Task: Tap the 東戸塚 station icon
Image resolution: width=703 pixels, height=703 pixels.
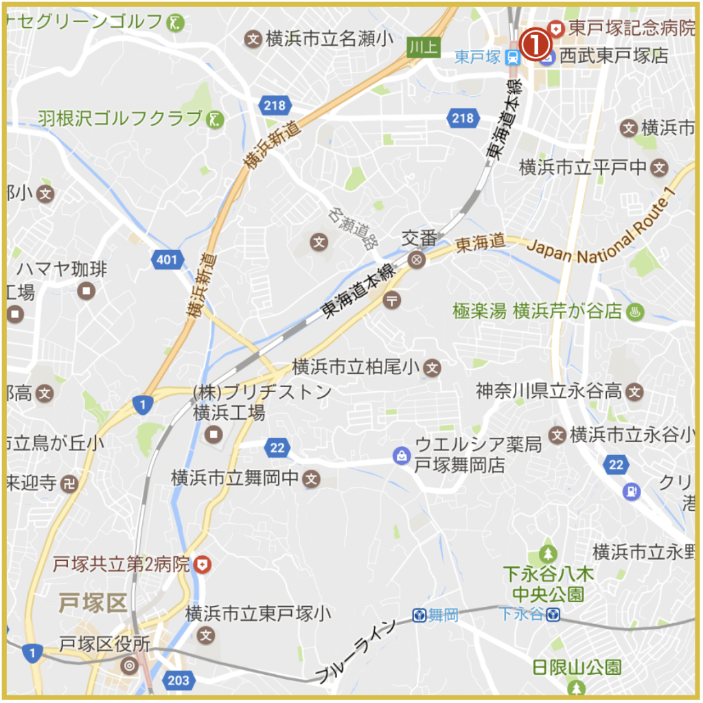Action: [x=512, y=58]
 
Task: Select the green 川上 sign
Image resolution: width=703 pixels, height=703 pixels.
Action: [x=422, y=47]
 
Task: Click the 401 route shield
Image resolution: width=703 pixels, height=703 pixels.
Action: [x=167, y=260]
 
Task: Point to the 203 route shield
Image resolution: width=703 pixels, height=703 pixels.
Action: [x=177, y=680]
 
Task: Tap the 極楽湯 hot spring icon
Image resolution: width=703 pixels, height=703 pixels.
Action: [x=634, y=311]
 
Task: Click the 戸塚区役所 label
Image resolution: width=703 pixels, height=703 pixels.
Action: [x=104, y=645]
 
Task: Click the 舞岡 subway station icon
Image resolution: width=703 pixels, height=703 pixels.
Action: [x=419, y=615]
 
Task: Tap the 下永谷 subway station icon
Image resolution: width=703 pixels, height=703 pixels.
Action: [x=553, y=614]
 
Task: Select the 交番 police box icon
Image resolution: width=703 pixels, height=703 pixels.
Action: [x=415, y=260]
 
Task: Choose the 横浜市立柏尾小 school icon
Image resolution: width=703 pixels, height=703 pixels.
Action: [x=431, y=367]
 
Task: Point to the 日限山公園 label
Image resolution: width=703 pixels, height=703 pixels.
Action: [x=577, y=667]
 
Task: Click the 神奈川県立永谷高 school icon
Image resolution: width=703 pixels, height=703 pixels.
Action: [x=636, y=392]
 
